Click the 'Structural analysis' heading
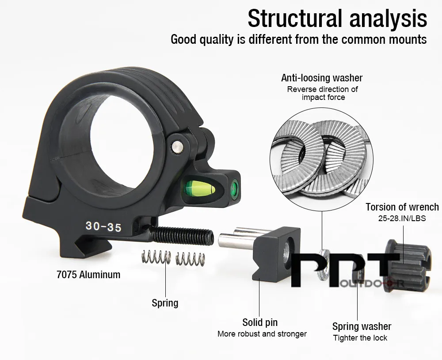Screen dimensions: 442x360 click(337, 18)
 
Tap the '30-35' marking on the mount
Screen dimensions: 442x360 click(103, 226)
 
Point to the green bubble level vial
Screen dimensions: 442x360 click(200, 188)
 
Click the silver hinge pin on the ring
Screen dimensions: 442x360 click(177, 147)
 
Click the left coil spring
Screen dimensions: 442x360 click(156, 257)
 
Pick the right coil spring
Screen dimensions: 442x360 click(190, 259)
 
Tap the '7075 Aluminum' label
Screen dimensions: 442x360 click(88, 275)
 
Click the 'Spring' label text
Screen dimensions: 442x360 click(165, 303)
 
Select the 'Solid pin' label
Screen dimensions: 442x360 click(260, 322)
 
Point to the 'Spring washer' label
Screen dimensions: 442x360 click(362, 326)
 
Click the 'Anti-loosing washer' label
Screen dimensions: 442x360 click(322, 77)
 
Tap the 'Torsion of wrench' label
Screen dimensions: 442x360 click(402, 207)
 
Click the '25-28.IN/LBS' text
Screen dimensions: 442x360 click(402, 218)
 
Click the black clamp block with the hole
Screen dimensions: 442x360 click(276, 254)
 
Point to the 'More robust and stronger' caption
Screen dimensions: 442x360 click(262, 334)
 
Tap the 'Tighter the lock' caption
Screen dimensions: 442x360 click(360, 338)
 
